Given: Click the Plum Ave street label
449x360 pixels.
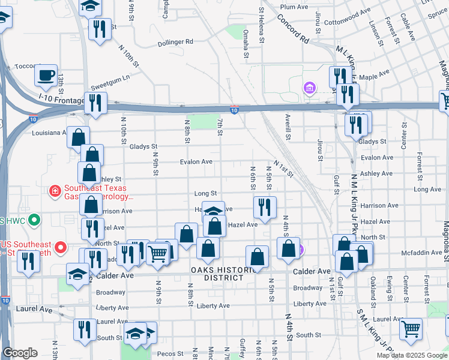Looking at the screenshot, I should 294,7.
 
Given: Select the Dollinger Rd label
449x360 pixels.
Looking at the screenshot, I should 175,42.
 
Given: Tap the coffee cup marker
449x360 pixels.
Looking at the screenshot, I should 46,76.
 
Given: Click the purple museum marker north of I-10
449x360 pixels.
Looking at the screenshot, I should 310,89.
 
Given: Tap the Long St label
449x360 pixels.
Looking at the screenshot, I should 205,193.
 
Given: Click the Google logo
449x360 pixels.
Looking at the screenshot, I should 20,353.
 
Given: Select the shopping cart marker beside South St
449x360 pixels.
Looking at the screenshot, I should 411,328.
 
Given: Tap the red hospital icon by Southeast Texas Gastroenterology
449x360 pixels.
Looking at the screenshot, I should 55,191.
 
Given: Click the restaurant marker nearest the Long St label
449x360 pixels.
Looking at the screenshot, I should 265,208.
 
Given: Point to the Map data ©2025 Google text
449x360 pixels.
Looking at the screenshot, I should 411,355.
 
